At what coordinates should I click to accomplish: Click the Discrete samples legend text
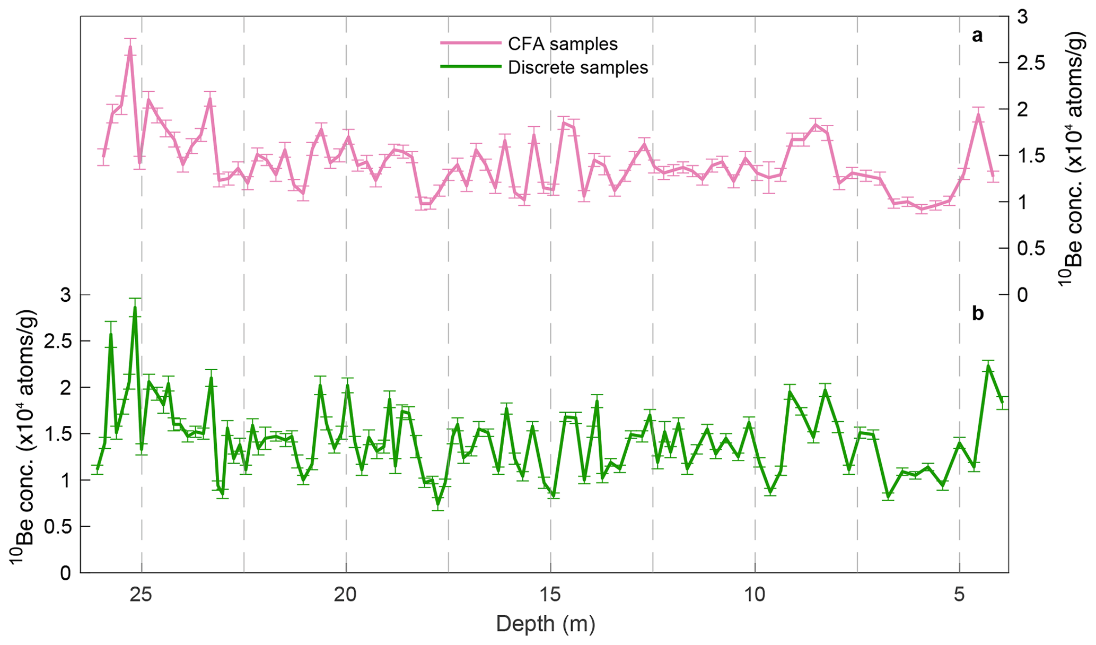(x=578, y=68)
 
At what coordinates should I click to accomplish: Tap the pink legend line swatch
(x=470, y=43)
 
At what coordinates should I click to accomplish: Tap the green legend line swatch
(x=470, y=67)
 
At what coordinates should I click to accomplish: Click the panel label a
(x=977, y=36)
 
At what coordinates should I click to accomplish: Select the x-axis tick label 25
(x=142, y=595)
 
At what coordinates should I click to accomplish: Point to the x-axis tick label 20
(x=346, y=595)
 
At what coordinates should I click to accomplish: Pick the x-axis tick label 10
(x=755, y=595)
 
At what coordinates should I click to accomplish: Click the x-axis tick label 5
(x=960, y=595)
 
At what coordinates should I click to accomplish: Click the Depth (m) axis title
(x=546, y=624)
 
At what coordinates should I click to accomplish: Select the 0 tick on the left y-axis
(x=65, y=573)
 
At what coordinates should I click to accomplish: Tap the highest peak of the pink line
(x=130, y=47)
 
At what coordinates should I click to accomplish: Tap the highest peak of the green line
(x=135, y=307)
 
